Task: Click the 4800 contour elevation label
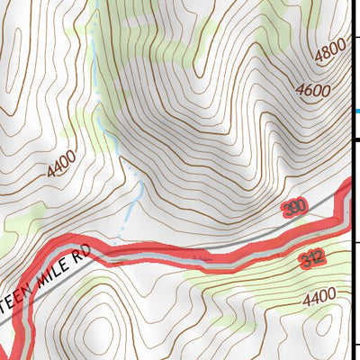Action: click(x=329, y=57)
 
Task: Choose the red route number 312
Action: click(x=311, y=260)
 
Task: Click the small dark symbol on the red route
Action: click(x=205, y=257)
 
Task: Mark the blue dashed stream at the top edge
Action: click(x=97, y=4)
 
